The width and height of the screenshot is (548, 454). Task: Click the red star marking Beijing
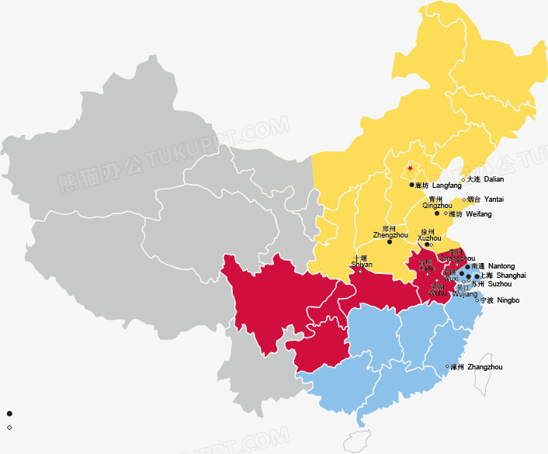[x=410, y=168]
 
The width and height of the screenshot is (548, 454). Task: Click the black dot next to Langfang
[x=411, y=185]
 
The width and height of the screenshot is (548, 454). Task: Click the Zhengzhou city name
[x=390, y=234]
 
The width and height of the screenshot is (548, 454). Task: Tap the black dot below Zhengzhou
[x=390, y=242]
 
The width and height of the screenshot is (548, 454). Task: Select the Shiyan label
[x=362, y=265]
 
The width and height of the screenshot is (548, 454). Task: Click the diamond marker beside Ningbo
[x=477, y=300]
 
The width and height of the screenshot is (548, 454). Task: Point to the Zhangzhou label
[x=476, y=367]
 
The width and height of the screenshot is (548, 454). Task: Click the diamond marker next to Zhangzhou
[x=447, y=366]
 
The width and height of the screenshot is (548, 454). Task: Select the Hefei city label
[x=426, y=269]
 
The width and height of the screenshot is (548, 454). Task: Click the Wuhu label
[x=438, y=294]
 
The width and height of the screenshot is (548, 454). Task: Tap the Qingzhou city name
[x=436, y=206]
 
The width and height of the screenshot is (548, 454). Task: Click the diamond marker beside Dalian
[x=463, y=179]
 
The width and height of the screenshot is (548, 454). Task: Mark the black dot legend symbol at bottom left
[x=9, y=414]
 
